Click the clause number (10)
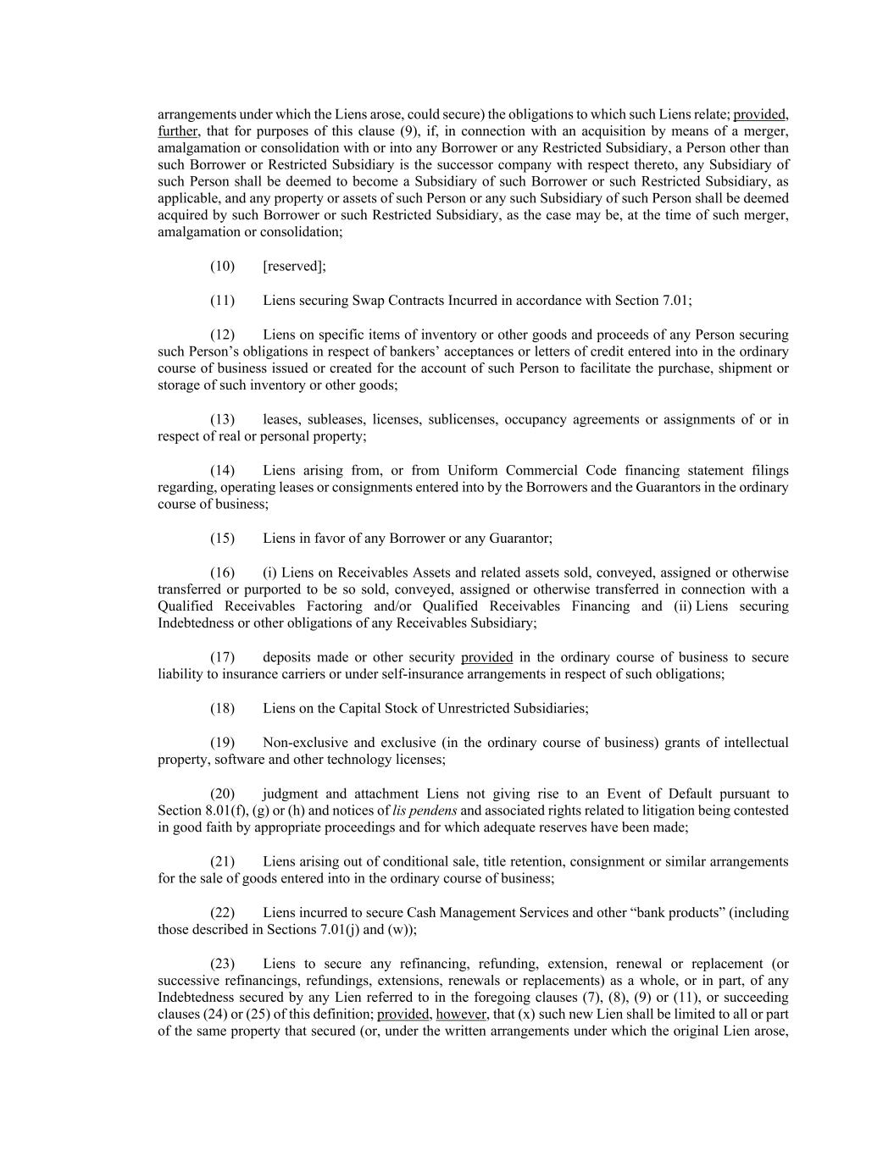click(222, 266)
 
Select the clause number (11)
click(222, 301)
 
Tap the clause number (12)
click(222, 335)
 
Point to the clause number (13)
click(222, 419)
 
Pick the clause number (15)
click(222, 539)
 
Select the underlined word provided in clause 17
click(486, 657)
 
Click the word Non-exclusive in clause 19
click(303, 743)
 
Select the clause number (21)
click(222, 862)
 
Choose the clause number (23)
click(222, 964)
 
